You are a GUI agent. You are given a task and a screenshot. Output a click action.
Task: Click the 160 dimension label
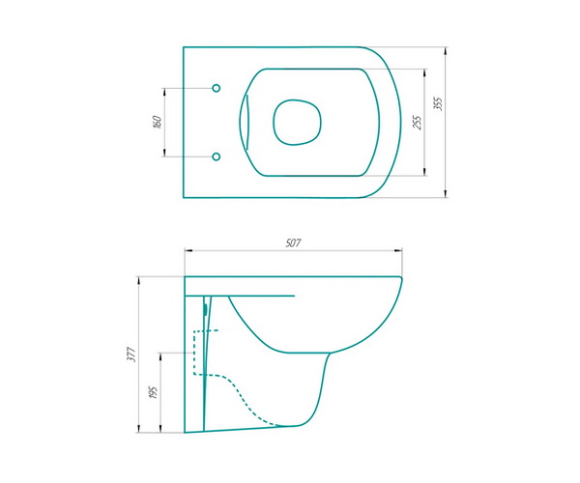click(x=158, y=123)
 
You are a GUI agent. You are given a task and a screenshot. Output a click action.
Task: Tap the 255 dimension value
click(x=418, y=123)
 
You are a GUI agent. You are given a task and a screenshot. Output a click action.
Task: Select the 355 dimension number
click(x=438, y=103)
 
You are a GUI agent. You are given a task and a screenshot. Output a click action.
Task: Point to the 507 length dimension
click(x=293, y=243)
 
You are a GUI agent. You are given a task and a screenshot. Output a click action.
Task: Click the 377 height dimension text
click(x=132, y=355)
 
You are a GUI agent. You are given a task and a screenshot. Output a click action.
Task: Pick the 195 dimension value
click(x=153, y=392)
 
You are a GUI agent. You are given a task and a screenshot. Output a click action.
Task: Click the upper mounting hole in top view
click(x=217, y=88)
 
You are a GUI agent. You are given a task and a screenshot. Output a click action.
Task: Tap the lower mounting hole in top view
click(x=217, y=156)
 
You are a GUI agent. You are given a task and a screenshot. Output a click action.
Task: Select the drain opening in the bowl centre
click(x=297, y=122)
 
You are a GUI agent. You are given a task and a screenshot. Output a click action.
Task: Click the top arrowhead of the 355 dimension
click(x=447, y=51)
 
